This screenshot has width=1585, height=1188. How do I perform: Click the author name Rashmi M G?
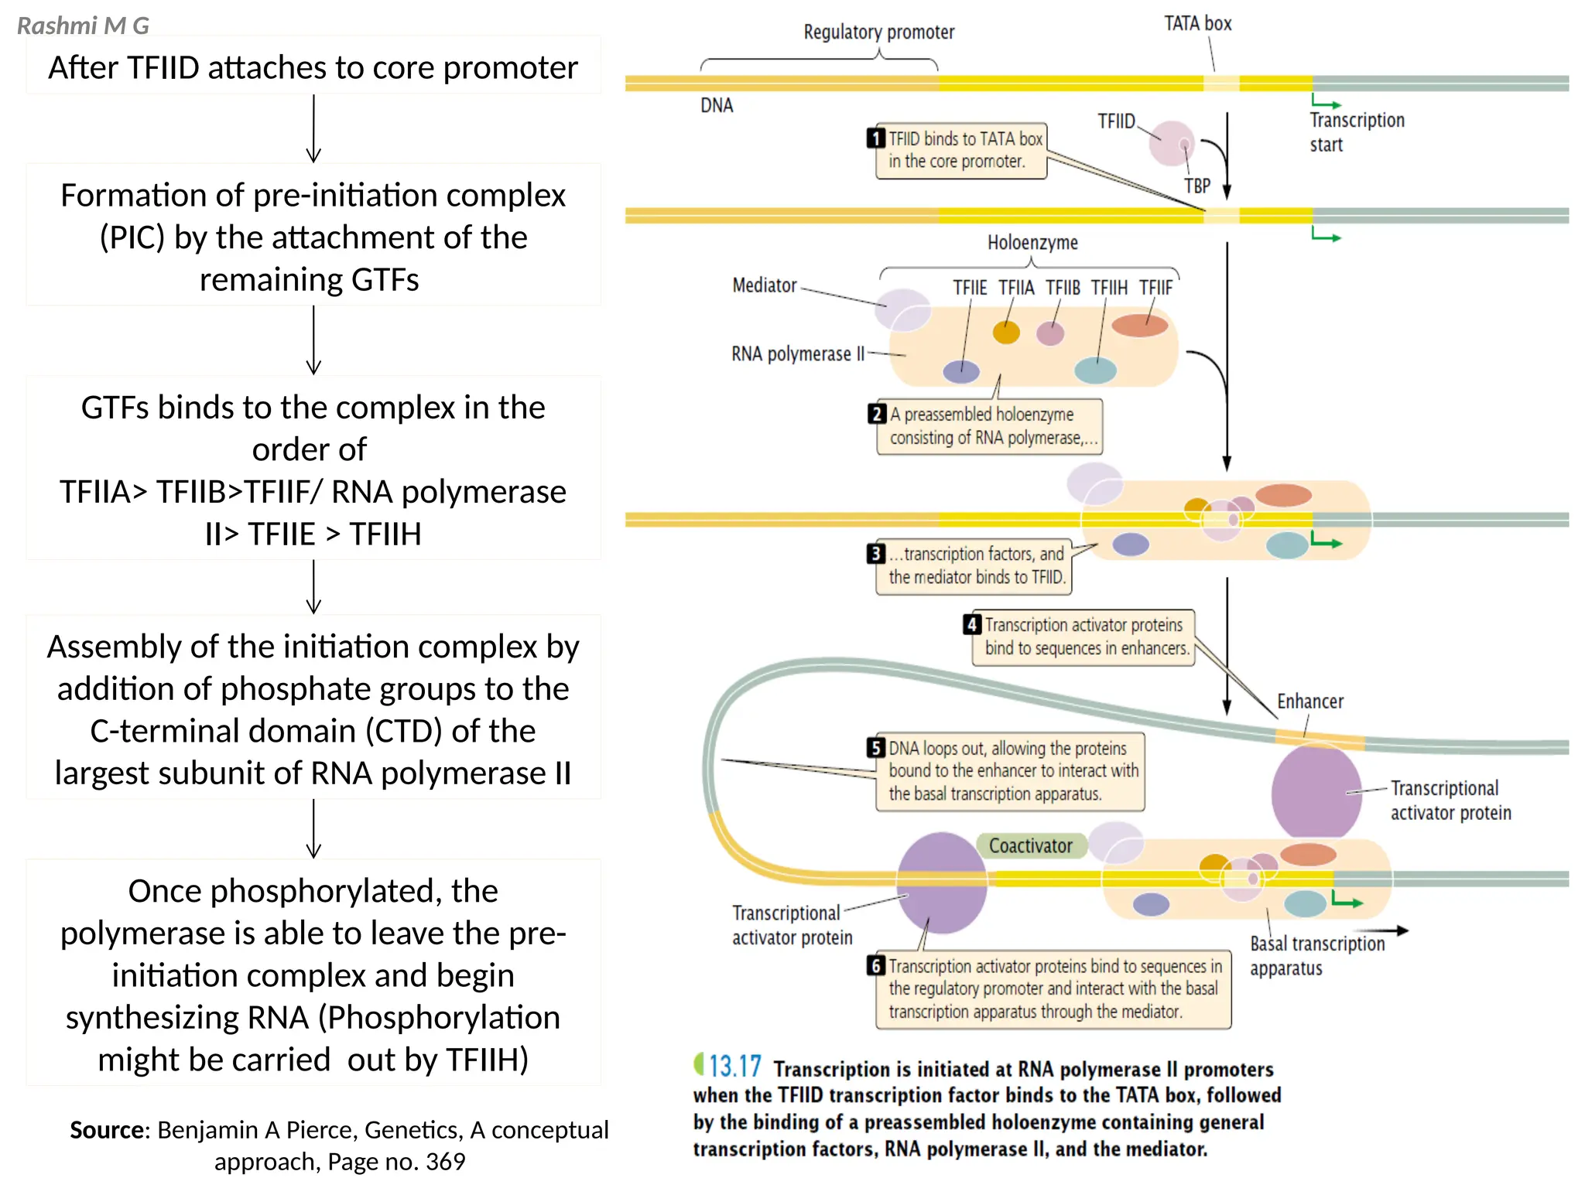coord(83,26)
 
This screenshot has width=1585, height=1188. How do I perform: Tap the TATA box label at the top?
coord(1197,24)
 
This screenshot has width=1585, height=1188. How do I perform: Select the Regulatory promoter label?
coord(878,32)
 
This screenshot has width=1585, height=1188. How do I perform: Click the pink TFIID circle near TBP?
coord(1172,143)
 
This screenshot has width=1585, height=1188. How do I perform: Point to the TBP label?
coord(1196,186)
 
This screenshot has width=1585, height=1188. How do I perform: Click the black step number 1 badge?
coord(875,138)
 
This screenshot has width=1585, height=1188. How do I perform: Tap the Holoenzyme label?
coord(1032,243)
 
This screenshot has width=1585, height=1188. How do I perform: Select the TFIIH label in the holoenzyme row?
coord(1109,288)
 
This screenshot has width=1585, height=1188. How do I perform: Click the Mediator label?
coord(764,285)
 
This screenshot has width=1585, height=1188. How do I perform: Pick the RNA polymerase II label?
coord(797,354)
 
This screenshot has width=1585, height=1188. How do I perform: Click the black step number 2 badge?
coord(876,414)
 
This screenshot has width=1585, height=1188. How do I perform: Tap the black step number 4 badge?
coord(972,624)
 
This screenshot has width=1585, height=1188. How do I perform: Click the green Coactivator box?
coord(1031,845)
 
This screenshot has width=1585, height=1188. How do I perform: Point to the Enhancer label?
coord(1309,702)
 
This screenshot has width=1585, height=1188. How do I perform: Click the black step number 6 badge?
coord(876,965)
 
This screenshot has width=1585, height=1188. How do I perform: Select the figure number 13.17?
coord(734,1067)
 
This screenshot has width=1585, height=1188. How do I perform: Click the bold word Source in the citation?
coord(107,1130)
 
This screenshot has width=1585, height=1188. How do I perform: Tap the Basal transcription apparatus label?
coord(1316,956)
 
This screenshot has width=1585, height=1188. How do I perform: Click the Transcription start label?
coord(1356,132)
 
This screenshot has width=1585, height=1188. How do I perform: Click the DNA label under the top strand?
coord(717,106)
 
